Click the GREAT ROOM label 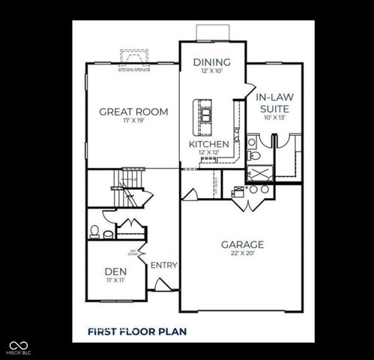[133, 112]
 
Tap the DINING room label [211, 61]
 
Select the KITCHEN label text [208, 143]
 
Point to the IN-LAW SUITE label [274, 103]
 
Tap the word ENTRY [163, 265]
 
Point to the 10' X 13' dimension [274, 117]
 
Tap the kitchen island [204, 112]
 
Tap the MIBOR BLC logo [14, 348]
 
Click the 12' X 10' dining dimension [211, 71]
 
